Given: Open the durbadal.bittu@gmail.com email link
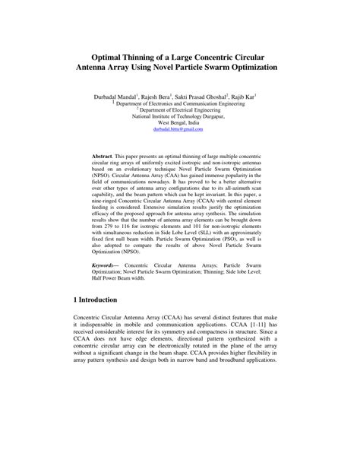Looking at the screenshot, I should [x=179, y=130].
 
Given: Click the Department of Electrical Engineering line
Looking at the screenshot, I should [x=181, y=109].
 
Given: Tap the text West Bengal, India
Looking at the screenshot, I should [x=180, y=123].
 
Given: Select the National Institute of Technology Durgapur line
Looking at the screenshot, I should [x=179, y=116].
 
